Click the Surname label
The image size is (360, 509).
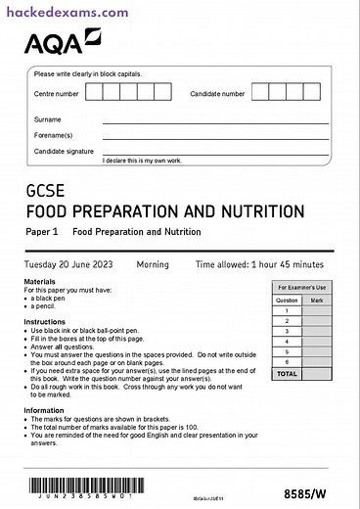point(48,119)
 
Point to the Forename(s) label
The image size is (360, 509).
point(53,135)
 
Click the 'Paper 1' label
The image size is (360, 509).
point(42,232)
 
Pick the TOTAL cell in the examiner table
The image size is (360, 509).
point(287,374)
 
